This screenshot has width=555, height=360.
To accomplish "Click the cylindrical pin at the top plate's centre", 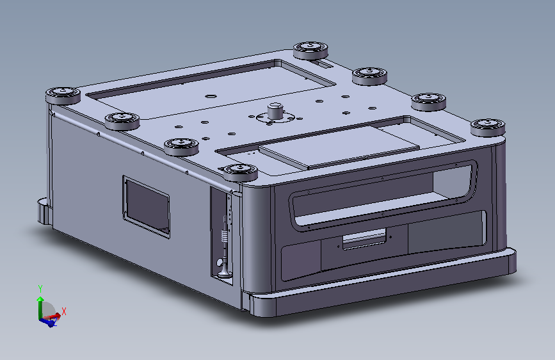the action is (x=275, y=111).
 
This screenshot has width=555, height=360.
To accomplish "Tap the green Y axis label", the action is (x=40, y=288).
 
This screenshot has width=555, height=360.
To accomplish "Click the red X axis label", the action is (x=64, y=311).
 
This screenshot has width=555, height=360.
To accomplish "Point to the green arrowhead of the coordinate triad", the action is (x=40, y=299).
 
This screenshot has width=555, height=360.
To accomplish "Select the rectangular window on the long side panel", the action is (x=146, y=206).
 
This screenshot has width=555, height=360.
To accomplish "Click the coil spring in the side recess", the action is (x=223, y=236).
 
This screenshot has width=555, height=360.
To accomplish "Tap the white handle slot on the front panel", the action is (x=364, y=239).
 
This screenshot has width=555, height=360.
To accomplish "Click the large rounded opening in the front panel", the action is (x=383, y=195).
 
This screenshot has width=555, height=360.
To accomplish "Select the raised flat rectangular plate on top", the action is (x=339, y=146).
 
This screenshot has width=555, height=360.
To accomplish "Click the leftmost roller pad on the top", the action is (x=63, y=95).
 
